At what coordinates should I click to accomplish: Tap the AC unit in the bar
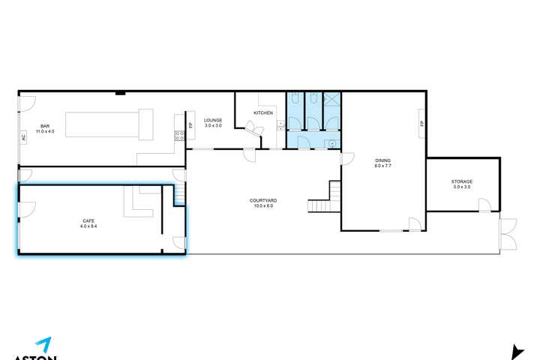pos(23,138)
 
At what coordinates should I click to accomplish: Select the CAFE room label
pos(88,220)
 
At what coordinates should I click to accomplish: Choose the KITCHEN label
pos(263,112)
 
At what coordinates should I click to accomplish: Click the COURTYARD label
pos(264,200)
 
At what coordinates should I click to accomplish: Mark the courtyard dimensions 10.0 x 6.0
pos(264,205)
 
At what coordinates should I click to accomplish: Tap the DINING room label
pos(383,160)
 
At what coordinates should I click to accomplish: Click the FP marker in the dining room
pos(422,124)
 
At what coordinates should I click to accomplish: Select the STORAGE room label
pos(461,181)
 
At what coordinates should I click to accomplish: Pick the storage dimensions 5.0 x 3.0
pos(461,187)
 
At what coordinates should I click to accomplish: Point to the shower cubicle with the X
pos(331,100)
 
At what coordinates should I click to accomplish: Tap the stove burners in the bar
pos(179,136)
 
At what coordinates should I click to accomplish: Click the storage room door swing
pos(484,205)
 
